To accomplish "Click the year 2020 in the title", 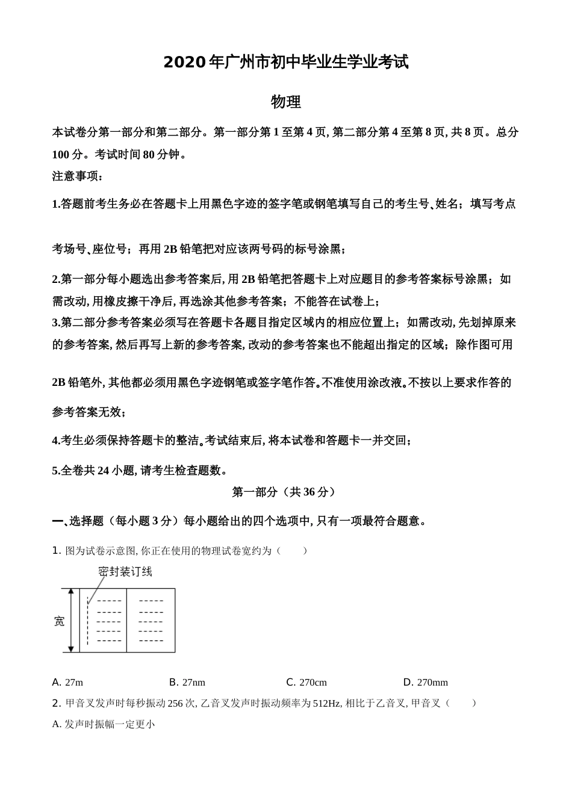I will pos(184,62).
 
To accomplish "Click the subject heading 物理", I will pos(286,102).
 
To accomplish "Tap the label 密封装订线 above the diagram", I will pos(125,571).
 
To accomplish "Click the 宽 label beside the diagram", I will pos(59,621).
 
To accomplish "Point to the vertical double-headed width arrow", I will pos(71,621).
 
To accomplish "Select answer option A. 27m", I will pos(67,682).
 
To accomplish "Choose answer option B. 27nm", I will pos(187,682).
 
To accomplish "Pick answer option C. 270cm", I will pos(306,682).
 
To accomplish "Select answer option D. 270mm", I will pos(426,682).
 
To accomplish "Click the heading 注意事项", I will pos(78,176).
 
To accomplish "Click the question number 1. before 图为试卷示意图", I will pos(57,551).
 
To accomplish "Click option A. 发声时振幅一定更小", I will pos(104,724).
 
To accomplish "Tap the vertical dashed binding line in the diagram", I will pos(88,621).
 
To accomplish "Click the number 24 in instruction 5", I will pos(102,471).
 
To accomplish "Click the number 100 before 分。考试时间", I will pos(61,155).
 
